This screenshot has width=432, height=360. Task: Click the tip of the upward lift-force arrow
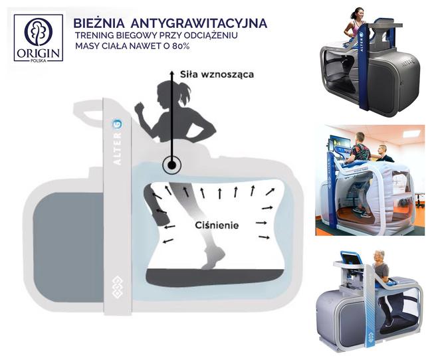point(172,72)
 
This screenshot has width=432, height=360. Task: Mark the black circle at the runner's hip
point(172,165)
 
